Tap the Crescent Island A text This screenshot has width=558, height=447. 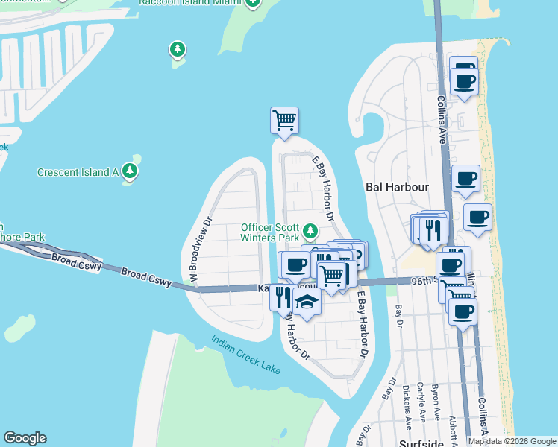coord(78,172)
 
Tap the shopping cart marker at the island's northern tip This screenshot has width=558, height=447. coord(284,119)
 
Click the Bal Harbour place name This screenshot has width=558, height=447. coord(396,187)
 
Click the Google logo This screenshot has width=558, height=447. coord(25,438)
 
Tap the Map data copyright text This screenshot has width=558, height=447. coord(512,441)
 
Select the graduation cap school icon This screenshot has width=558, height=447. coord(306,301)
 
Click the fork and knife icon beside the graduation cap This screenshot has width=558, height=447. coord(282,297)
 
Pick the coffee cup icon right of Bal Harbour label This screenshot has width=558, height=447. coord(465,179)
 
